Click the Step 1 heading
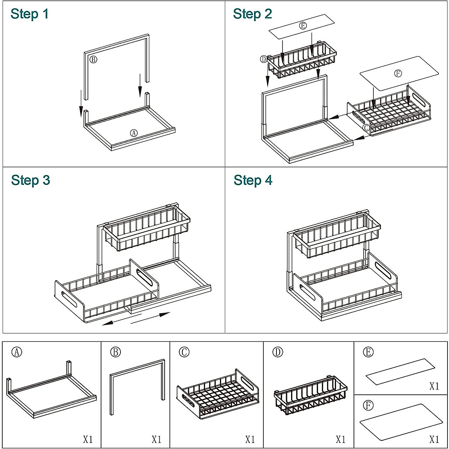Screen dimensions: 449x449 30,14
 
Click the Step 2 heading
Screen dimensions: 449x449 252,14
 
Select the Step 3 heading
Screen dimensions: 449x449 30,180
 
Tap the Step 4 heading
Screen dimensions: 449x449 253,180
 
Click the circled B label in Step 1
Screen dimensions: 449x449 93,59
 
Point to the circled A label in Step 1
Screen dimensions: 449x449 134,133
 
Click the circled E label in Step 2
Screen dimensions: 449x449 303,25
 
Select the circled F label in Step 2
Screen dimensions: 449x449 398,73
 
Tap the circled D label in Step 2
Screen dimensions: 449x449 264,59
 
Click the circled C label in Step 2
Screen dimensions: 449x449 367,127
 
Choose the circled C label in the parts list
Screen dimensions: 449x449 184,352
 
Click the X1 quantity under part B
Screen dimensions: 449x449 156,439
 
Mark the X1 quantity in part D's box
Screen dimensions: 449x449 340,439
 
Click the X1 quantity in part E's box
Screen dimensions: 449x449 434,386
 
